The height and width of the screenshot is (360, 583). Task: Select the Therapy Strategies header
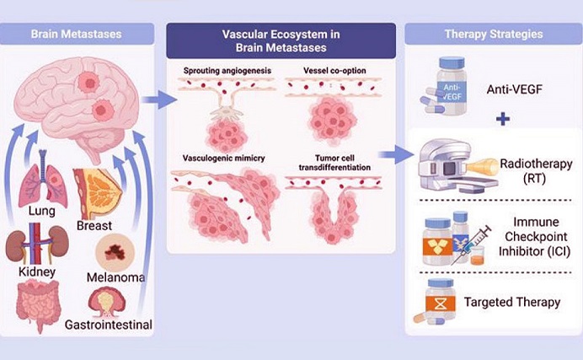coord(492,35)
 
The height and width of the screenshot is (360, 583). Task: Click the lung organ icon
coord(42,183)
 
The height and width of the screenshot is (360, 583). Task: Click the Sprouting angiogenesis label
coord(221,68)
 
